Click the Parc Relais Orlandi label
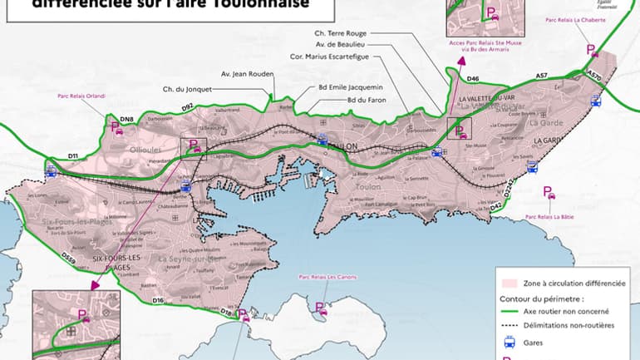pyautogui.click(x=81, y=96)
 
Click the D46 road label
pyautogui.click(x=473, y=79)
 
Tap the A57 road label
pyautogui.click(x=541, y=76)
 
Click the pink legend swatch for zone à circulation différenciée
pyautogui.click(x=510, y=283)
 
